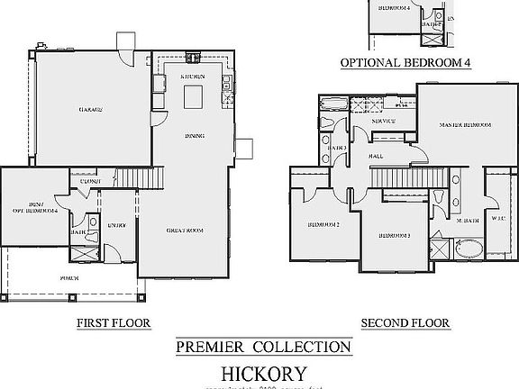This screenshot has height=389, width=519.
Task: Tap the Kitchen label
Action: coord(193,77)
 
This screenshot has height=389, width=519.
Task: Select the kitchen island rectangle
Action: coord(193,98)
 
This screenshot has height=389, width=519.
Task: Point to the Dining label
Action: coord(194,136)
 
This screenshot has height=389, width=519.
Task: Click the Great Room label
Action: coord(185,231)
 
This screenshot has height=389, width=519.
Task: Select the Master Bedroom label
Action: coord(465,123)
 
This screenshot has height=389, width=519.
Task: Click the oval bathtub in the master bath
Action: coord(467,247)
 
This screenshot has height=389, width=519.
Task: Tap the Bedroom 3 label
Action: coord(395,235)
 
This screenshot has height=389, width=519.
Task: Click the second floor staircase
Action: coord(401,182)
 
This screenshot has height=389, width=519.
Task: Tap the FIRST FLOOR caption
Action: coord(113,322)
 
